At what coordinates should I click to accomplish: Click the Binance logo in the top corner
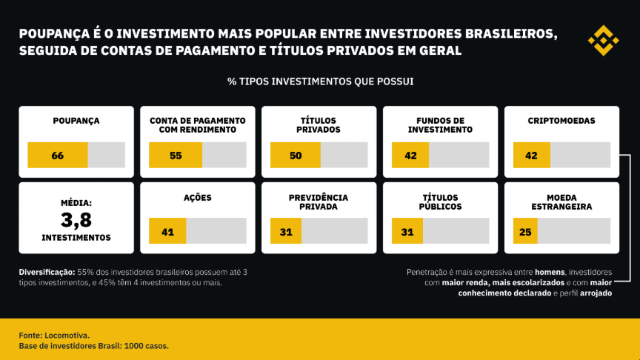603,40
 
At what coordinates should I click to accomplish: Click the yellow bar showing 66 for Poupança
58,156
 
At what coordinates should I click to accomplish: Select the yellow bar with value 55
176,156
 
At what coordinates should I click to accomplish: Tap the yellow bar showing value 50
296,156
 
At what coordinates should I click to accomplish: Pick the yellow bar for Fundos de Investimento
410,156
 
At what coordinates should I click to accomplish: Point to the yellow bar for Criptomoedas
531,156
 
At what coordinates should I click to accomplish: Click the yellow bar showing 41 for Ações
167,231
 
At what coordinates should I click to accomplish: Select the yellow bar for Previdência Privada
286,231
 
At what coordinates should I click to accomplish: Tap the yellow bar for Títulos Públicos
407,231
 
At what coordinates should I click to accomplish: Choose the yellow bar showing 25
525,231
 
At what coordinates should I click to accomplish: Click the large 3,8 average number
76,219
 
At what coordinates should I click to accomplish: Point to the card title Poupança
76,121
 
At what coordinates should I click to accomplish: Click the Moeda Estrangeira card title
561,202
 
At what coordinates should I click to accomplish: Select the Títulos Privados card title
319,124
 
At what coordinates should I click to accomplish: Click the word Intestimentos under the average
76,238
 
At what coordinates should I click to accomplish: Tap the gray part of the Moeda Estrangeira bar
573,231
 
